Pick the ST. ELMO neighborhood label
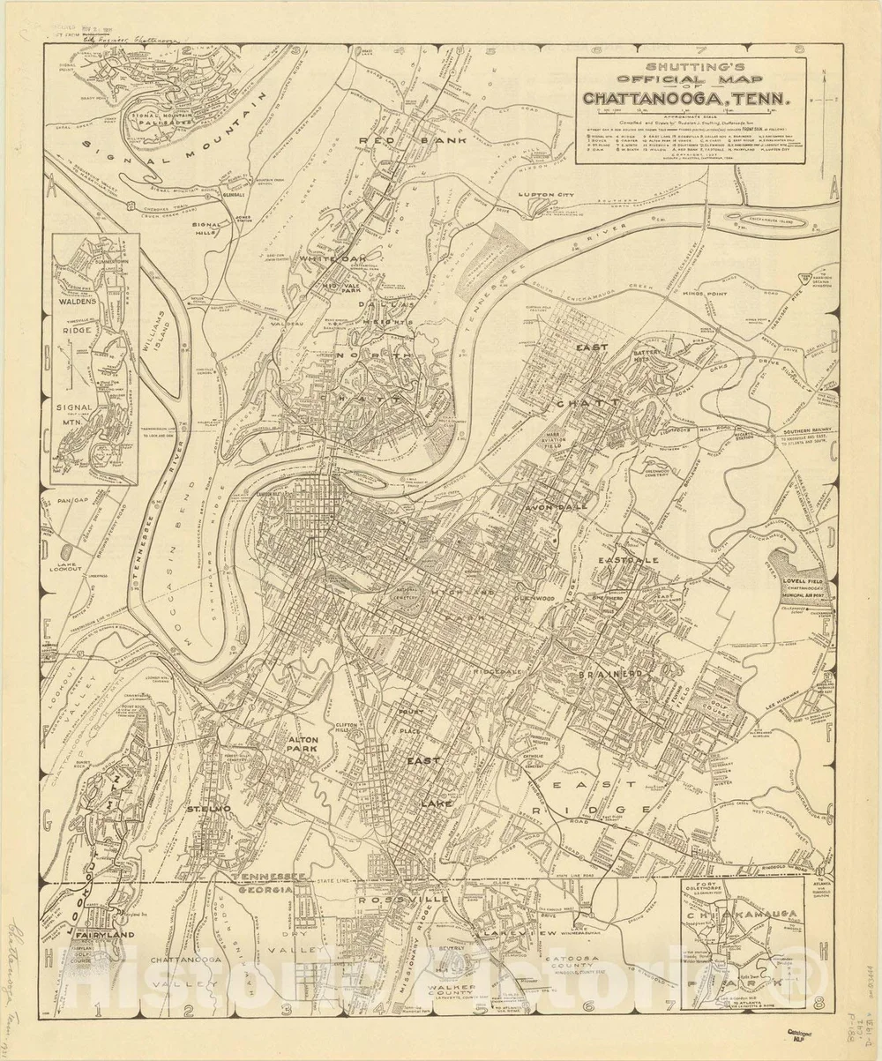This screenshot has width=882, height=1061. [208, 808]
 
